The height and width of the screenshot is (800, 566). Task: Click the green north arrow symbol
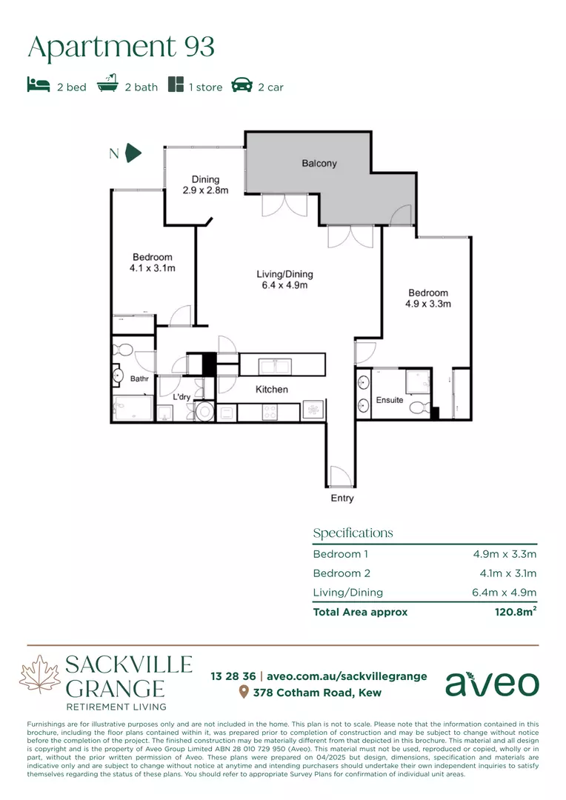click(133, 153)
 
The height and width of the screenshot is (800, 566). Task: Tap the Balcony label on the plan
click(319, 163)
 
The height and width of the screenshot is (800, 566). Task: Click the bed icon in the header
click(39, 84)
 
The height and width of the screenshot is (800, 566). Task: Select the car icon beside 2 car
click(242, 84)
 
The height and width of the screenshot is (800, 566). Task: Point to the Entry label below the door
click(342, 498)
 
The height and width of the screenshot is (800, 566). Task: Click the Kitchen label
click(271, 390)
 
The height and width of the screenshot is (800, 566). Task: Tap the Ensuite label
click(390, 400)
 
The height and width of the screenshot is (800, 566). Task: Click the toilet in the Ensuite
click(419, 407)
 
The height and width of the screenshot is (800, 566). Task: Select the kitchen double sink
click(275, 367)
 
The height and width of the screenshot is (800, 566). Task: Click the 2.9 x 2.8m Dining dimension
click(206, 190)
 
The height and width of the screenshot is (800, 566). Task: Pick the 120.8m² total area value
click(516, 611)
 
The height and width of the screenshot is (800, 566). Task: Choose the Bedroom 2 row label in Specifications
click(342, 573)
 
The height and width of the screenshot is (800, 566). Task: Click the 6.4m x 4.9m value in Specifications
click(505, 593)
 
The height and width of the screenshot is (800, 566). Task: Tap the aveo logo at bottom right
click(492, 684)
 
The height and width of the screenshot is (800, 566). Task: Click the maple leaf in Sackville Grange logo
click(40, 674)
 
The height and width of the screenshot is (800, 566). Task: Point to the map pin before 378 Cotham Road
click(244, 692)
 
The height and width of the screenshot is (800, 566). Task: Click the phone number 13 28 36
click(233, 676)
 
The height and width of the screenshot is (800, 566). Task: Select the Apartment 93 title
click(121, 47)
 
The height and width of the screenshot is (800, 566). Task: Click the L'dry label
click(182, 396)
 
